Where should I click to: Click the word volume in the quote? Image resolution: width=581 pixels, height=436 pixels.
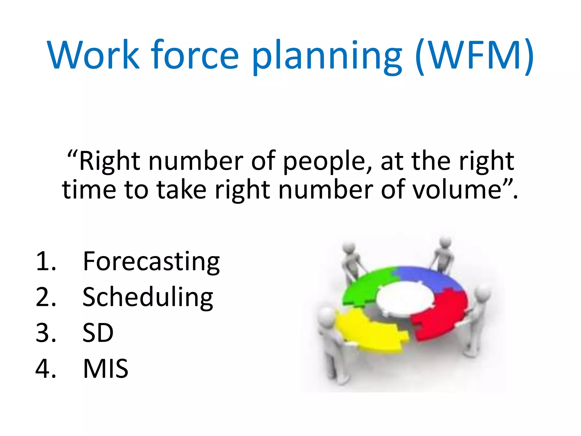click(457, 190)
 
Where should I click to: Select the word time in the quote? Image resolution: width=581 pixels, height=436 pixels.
click(89, 190)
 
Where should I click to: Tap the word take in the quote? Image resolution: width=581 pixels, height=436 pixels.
click(181, 190)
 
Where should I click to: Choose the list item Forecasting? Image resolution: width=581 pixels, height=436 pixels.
click(151, 261)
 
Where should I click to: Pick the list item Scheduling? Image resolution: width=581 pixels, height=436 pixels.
click(148, 297)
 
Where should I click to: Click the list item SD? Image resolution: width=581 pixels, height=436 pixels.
click(98, 333)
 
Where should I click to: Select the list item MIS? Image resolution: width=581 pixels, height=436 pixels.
click(106, 368)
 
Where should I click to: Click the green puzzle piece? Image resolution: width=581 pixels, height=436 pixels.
click(366, 287)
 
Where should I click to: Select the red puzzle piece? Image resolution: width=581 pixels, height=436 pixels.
click(440, 315)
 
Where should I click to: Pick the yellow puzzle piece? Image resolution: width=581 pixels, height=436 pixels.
click(369, 332)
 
